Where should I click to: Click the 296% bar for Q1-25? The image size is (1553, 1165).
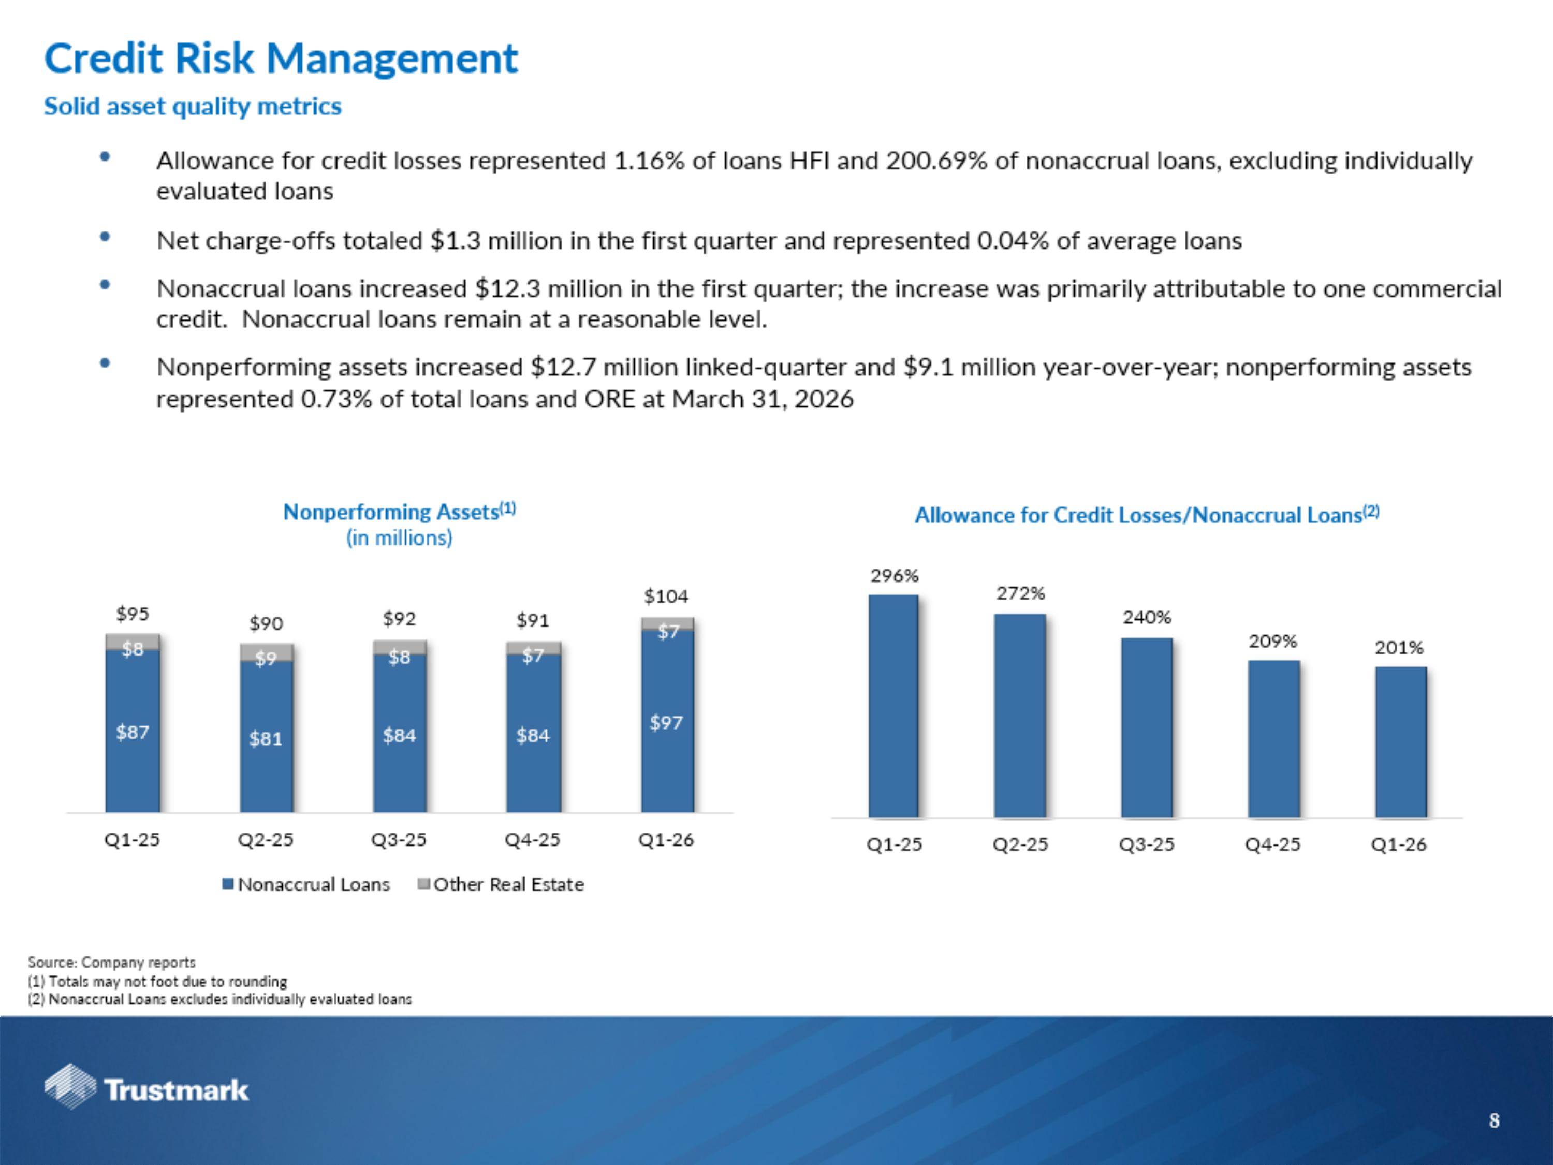pyautogui.click(x=893, y=706)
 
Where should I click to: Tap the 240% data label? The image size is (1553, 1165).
pyautogui.click(x=1147, y=617)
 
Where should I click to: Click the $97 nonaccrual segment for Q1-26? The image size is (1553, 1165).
pyautogui.click(x=667, y=723)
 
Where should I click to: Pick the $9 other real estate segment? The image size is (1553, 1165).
pyautogui.click(x=266, y=653)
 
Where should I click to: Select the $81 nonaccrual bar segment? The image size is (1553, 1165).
pyautogui.click(x=266, y=737)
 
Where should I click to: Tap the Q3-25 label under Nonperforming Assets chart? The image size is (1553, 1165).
pyautogui.click(x=399, y=840)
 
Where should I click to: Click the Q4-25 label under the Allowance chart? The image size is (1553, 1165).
pyautogui.click(x=1272, y=844)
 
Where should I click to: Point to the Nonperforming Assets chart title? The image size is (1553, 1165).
pyautogui.click(x=399, y=513)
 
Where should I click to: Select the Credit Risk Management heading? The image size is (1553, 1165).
pyautogui.click(x=281, y=59)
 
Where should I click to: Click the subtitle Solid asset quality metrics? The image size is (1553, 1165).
pyautogui.click(x=193, y=107)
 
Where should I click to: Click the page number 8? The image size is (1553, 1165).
pyautogui.click(x=1494, y=1122)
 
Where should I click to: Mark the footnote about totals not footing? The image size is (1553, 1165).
pyautogui.click(x=157, y=981)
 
